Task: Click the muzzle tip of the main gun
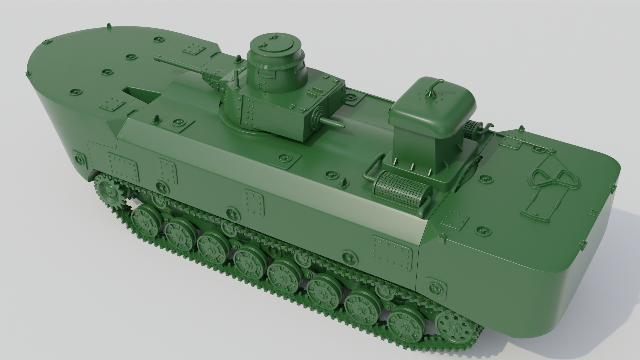point(156,59)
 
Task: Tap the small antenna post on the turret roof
point(237,80)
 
